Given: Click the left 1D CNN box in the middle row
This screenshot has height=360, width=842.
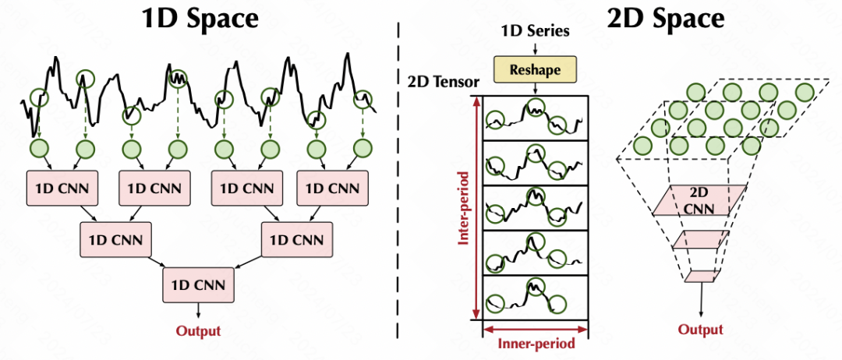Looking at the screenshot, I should (116, 238).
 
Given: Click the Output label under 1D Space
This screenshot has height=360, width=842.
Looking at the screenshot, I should (198, 330).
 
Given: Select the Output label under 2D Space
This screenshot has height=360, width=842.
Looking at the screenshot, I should (700, 330).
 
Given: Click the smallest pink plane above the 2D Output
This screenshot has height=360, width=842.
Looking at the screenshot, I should (700, 276).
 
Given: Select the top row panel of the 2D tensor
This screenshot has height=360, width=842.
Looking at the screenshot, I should (536, 118).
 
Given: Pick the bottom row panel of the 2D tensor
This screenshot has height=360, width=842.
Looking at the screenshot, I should (536, 297).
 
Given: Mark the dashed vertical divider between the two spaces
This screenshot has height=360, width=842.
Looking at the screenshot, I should (400, 187).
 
